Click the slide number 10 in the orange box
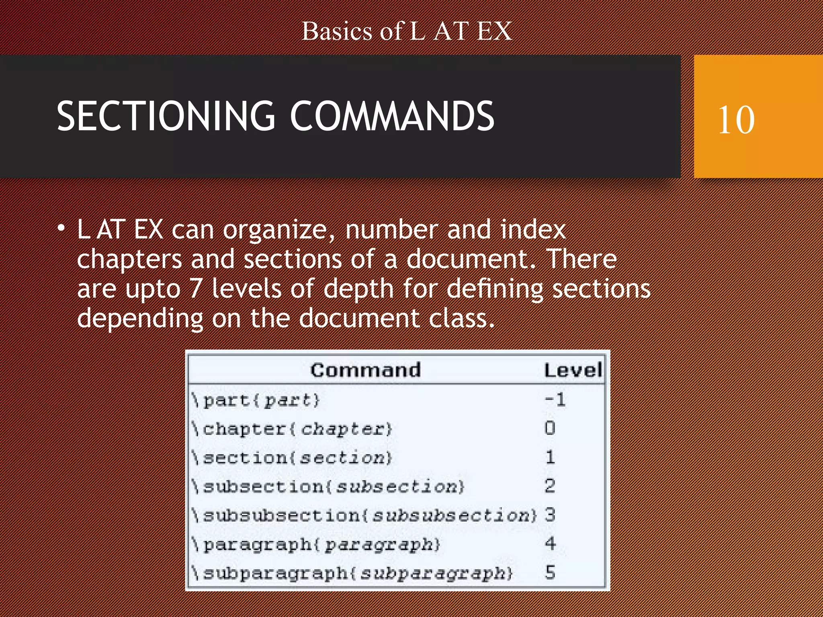click(x=736, y=120)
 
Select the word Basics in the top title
click(x=337, y=31)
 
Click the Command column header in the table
click(x=365, y=370)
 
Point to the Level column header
click(x=573, y=370)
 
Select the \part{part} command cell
click(x=256, y=400)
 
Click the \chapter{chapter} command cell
click(x=292, y=429)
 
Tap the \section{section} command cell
click(x=292, y=458)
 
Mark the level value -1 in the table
click(x=555, y=400)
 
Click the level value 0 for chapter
click(x=550, y=428)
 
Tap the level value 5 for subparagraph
click(x=550, y=572)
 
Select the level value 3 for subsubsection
click(x=550, y=515)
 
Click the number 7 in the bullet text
click(x=196, y=288)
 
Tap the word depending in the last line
click(x=140, y=319)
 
